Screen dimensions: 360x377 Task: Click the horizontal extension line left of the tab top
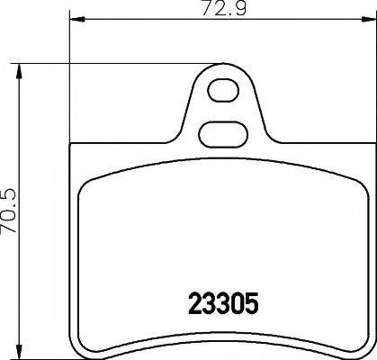[x=117, y=63]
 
